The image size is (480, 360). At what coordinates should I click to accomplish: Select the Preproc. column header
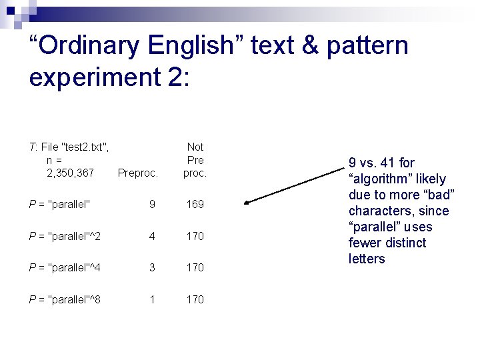pos(137,173)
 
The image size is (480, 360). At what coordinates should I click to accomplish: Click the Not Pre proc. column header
pos(195,160)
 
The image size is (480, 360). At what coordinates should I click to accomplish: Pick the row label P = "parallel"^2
pos(65,236)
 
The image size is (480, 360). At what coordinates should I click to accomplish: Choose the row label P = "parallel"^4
pos(65,267)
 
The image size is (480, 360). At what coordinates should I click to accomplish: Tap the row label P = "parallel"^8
pos(65,299)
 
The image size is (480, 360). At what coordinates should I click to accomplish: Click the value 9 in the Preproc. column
pos(152,204)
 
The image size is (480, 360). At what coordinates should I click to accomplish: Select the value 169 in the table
pos(195,204)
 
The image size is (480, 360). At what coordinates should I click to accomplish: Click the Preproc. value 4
pos(152,236)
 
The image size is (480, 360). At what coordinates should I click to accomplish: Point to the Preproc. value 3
pos(152,267)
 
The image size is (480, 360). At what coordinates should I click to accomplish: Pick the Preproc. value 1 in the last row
pos(152,299)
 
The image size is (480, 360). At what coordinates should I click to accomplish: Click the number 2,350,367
pos(70,173)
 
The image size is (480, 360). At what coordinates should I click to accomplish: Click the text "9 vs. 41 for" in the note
pos(381,163)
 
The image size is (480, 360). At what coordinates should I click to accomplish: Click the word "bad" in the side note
pos(438,195)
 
